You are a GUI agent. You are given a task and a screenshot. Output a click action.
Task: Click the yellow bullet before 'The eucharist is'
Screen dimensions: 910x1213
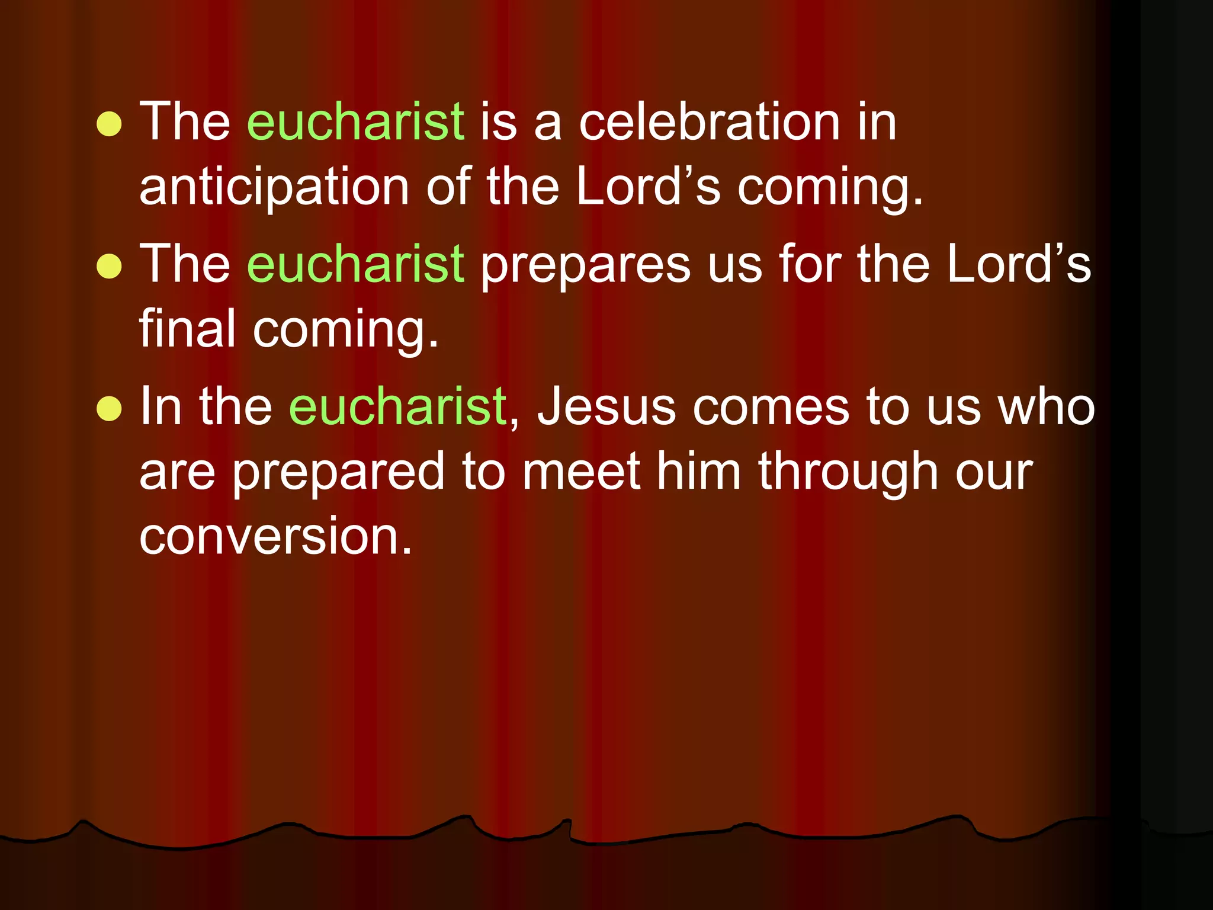tap(109, 124)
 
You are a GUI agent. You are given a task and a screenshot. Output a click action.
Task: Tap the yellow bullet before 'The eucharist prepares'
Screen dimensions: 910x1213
tap(109, 266)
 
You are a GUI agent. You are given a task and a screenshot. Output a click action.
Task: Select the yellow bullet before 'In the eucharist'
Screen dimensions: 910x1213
tap(109, 408)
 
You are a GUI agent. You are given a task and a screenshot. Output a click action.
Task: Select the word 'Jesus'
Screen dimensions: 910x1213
tap(606, 406)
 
